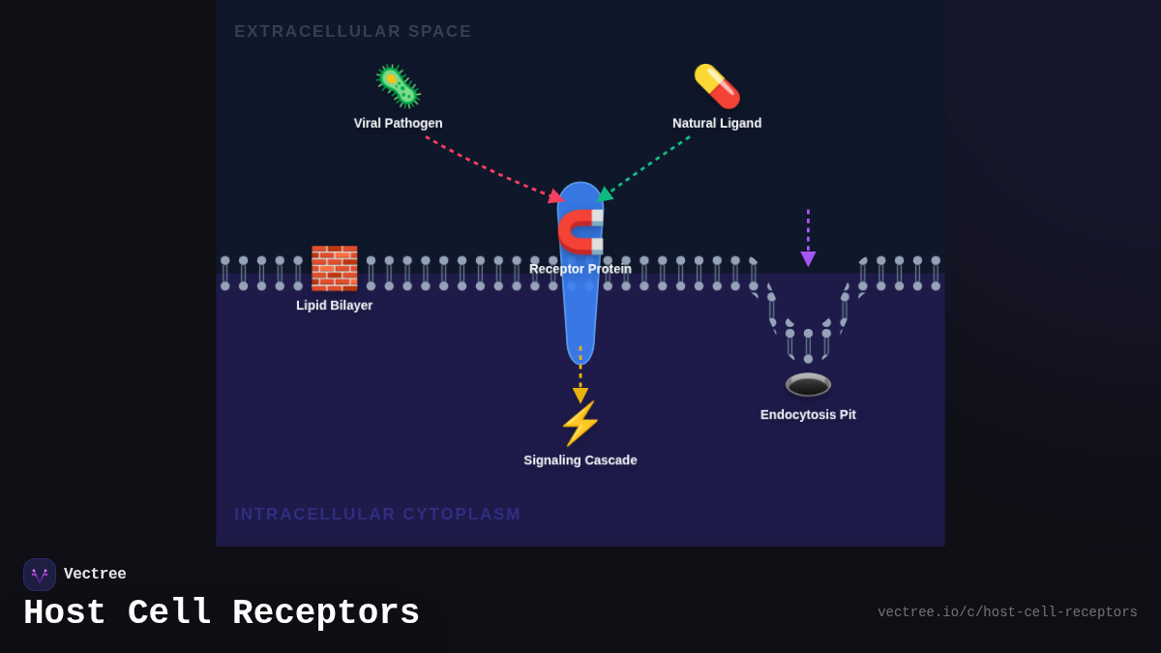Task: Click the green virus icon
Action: coord(398,86)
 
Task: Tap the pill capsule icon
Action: coord(717,86)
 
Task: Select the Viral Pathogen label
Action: coord(398,123)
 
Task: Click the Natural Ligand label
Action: coord(717,123)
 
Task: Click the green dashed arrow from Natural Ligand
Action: coord(646,165)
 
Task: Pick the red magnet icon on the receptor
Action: coord(580,231)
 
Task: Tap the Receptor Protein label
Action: coord(580,269)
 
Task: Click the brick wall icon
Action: coord(334,268)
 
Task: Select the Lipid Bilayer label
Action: coord(334,305)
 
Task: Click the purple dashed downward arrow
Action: coord(808,237)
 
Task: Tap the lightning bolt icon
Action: coord(580,424)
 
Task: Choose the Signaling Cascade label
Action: coord(580,460)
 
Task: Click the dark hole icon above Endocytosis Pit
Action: coord(808,384)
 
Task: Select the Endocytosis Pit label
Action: coord(808,414)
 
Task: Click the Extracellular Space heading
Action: coord(352,32)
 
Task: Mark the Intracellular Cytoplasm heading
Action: coord(377,514)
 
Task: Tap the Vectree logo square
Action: coord(40,575)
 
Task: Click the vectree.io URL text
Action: coord(1007,612)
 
